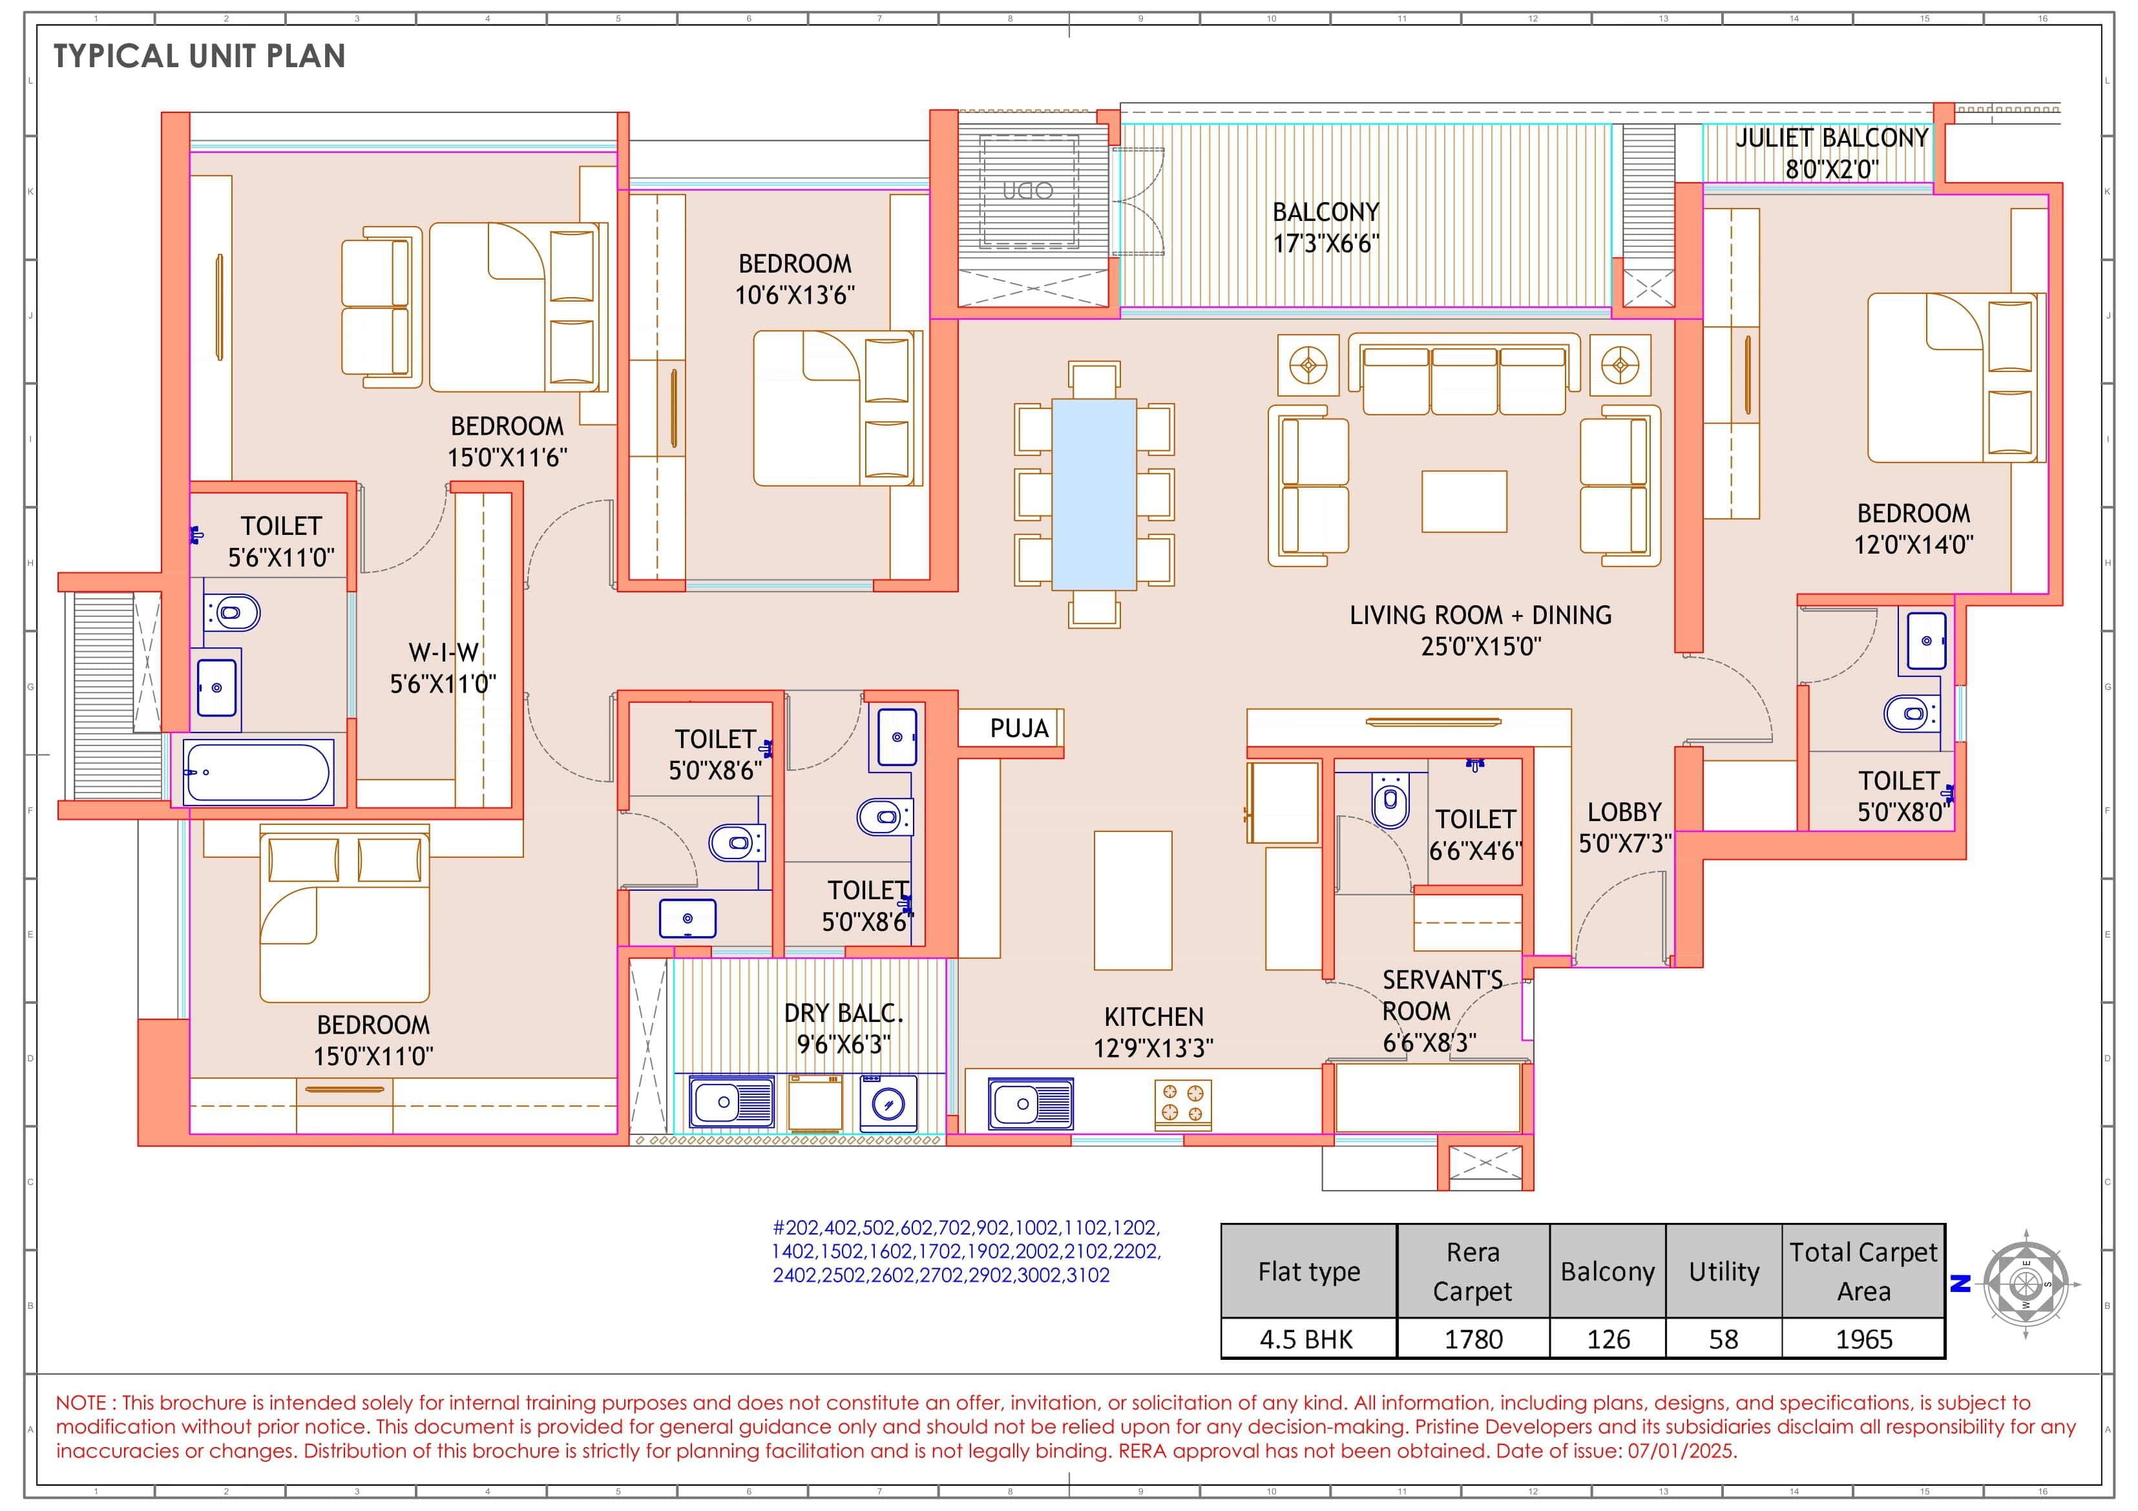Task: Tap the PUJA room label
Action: tap(1019, 728)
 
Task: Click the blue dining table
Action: tap(1093, 494)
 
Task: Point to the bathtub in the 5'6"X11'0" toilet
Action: tap(258, 772)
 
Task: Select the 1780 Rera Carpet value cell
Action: tap(1473, 1339)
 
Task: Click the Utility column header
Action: tap(1724, 1272)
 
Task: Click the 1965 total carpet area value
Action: tap(1863, 1339)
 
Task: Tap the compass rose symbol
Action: tap(2026, 1285)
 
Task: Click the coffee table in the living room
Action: tap(1464, 501)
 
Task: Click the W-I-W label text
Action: tap(443, 652)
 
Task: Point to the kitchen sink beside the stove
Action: tap(1030, 1104)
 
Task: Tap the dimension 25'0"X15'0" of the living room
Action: tap(1481, 646)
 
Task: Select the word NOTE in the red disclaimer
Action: tap(84, 1403)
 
